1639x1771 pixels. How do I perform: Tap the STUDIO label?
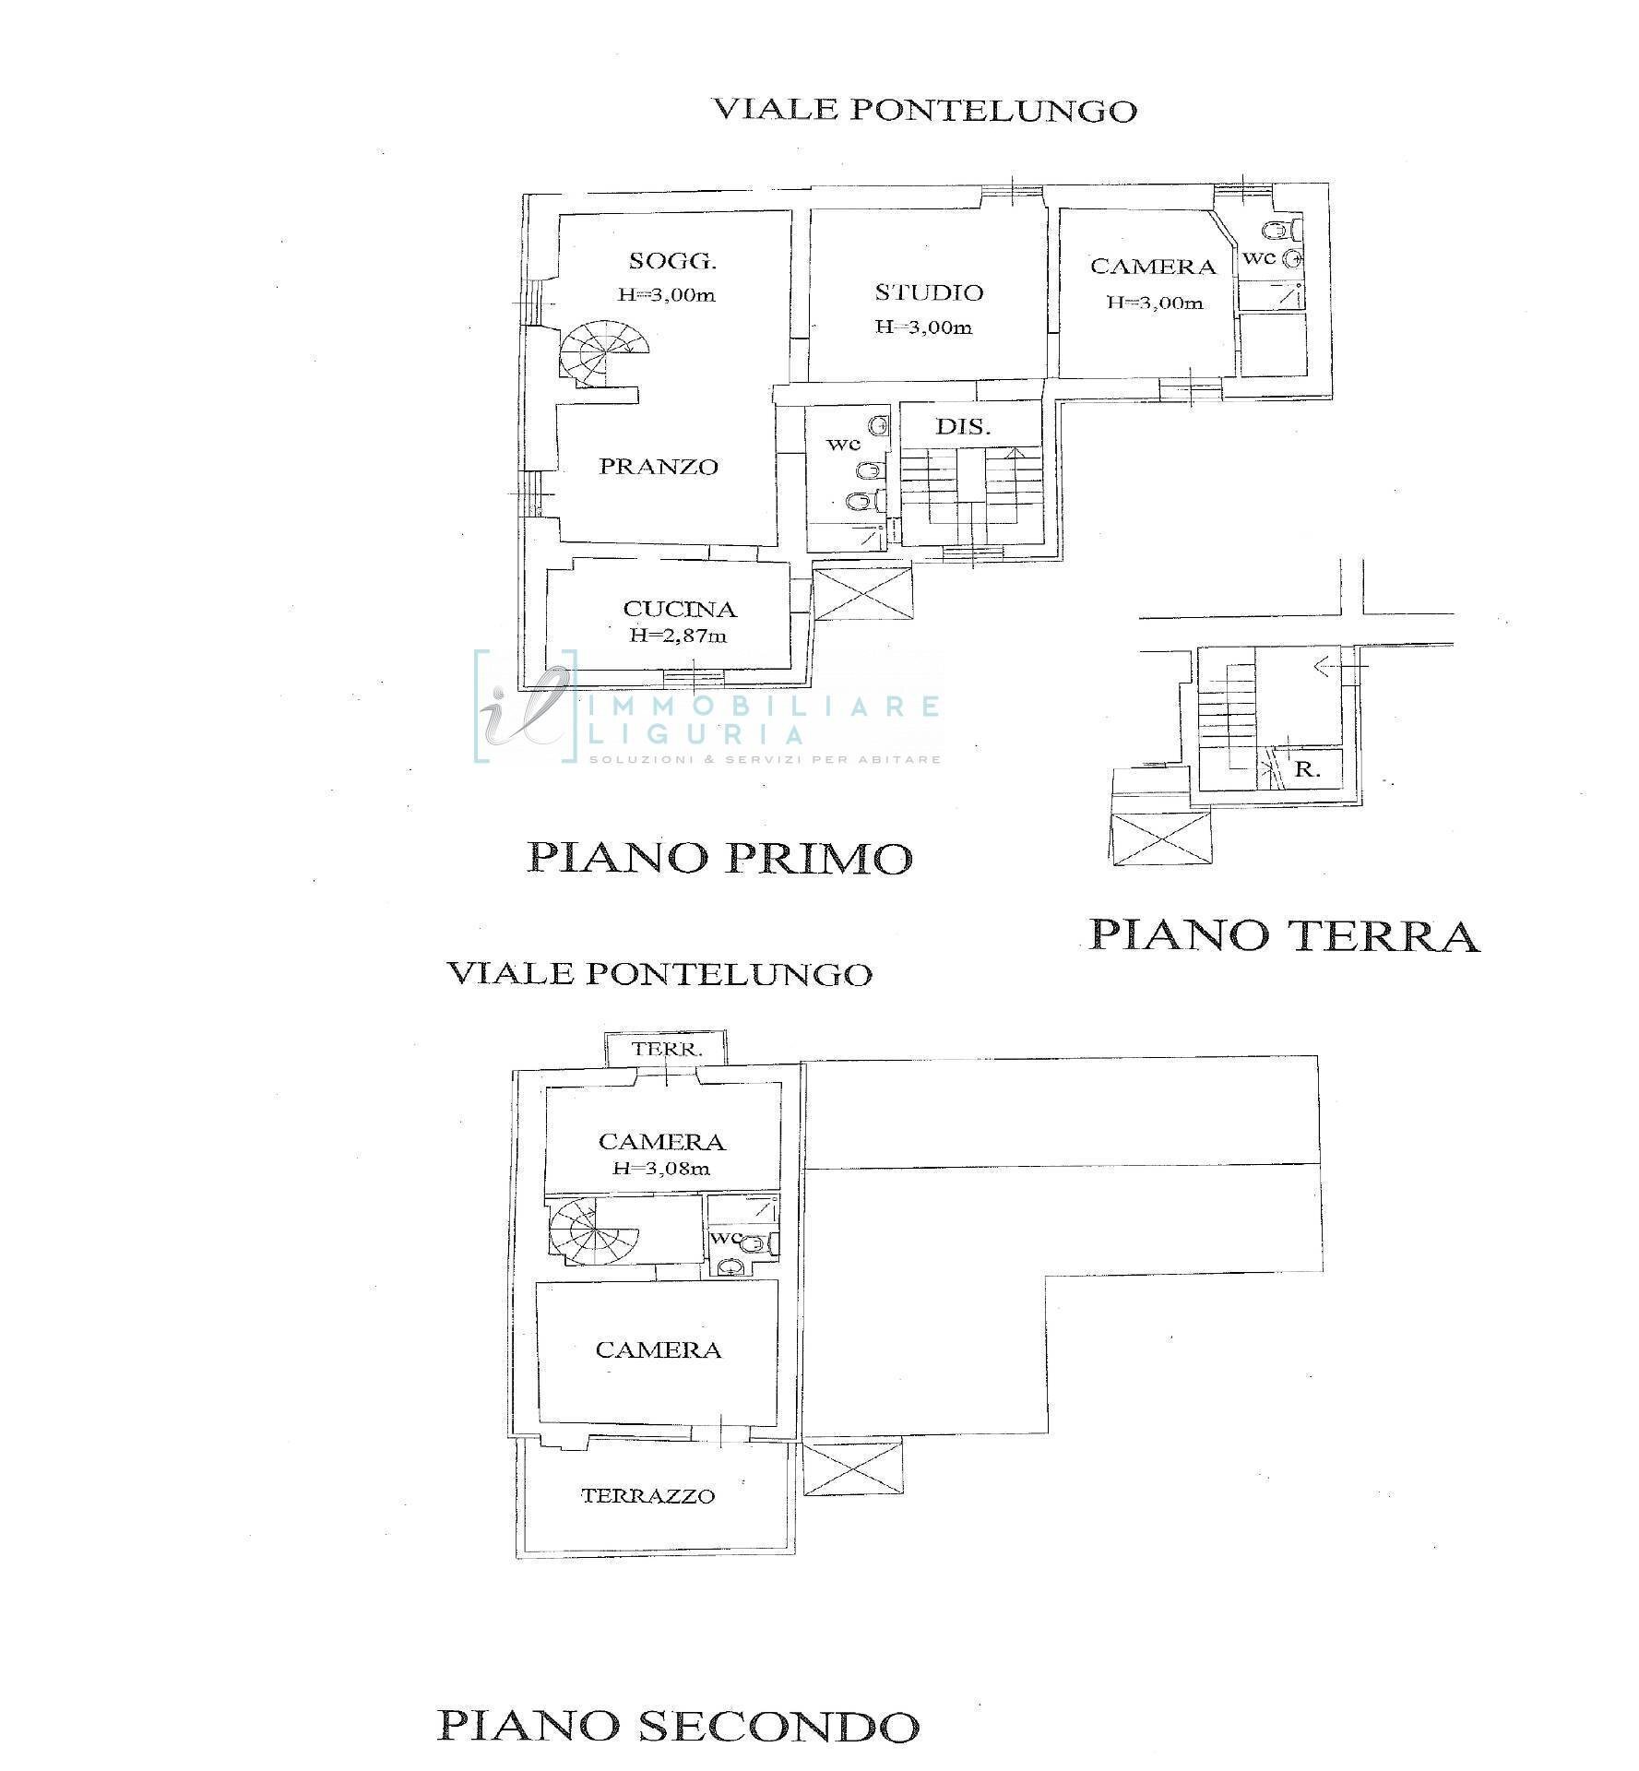click(929, 292)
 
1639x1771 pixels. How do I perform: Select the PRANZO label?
click(659, 467)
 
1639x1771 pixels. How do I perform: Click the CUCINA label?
click(680, 609)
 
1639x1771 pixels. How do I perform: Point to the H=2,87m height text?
click(679, 636)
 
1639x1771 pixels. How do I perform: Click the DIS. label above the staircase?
click(963, 427)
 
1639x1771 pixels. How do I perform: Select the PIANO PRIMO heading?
click(719, 858)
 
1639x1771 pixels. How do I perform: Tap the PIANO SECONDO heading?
click(678, 1724)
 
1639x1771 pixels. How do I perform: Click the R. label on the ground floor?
click(1307, 768)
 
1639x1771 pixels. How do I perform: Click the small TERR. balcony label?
click(667, 1049)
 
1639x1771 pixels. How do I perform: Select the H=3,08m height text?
click(661, 1169)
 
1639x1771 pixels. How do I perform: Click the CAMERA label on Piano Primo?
click(1153, 267)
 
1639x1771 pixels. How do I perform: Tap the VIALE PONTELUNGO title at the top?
click(925, 110)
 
